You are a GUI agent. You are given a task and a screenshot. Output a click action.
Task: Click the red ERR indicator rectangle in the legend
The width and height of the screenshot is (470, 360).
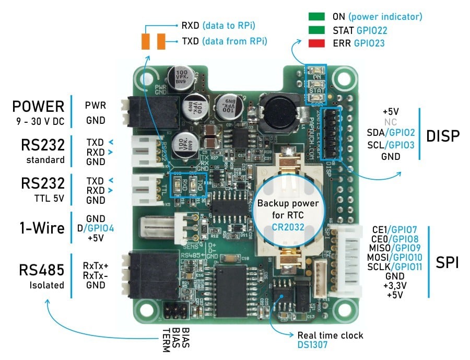point(317,43)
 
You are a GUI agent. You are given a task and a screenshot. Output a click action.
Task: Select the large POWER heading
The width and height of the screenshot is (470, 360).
point(39,106)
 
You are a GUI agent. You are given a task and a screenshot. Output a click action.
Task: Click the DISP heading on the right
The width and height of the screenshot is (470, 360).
point(443,136)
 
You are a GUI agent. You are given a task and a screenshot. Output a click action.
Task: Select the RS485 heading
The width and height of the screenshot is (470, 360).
point(42,270)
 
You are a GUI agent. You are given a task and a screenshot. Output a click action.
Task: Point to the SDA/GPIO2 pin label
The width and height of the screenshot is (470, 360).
point(391,133)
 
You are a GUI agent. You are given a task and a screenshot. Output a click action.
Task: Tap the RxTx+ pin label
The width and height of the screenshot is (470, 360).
point(95,265)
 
